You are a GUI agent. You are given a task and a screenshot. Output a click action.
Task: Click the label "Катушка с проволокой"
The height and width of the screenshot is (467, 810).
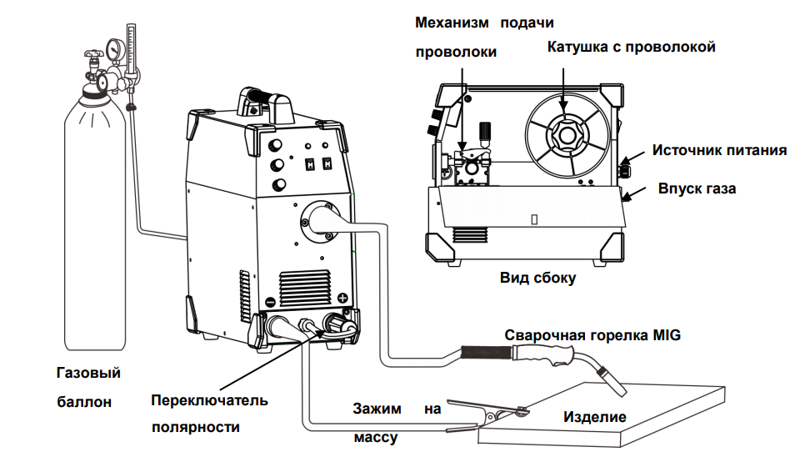pos(632,47)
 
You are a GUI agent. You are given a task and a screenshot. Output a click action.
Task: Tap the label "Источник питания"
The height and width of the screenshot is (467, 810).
pos(720,150)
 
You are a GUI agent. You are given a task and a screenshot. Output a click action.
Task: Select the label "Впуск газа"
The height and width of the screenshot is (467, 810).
pos(697,188)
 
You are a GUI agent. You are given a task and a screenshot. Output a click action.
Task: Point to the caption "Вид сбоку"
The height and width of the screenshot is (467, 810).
pos(537,279)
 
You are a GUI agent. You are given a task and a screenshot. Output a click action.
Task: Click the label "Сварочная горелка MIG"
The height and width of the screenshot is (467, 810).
pos(592,335)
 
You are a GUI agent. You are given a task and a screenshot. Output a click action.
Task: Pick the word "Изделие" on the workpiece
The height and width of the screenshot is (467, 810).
pos(595,417)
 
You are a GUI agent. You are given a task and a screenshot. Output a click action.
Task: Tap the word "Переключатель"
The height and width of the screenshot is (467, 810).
pos(209,400)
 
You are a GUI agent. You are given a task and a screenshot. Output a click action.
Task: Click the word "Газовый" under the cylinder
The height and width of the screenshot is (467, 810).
pos(88,373)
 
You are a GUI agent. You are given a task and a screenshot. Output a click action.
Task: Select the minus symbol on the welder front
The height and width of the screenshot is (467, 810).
pos(270,302)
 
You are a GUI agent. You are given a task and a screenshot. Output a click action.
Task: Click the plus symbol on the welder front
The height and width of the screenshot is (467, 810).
pos(342,298)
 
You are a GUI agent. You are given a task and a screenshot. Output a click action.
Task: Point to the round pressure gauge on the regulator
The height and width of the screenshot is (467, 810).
pos(112,48)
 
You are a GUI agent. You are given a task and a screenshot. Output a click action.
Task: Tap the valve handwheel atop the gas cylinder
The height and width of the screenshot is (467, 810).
pos(93,53)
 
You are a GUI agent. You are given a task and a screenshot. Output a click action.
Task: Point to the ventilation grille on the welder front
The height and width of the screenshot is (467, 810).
pos(305,288)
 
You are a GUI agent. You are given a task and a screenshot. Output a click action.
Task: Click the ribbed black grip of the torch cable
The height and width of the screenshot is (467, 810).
pos(486,353)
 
